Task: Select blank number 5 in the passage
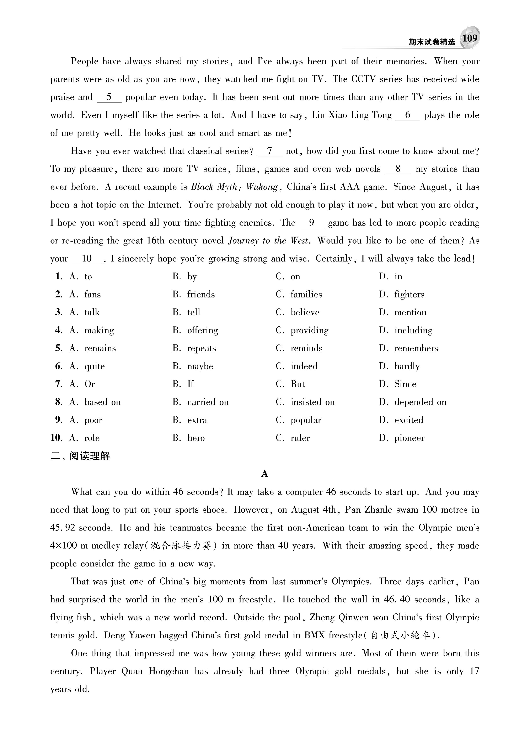click(109, 97)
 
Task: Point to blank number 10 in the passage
click(87, 259)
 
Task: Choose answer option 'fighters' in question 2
click(409, 295)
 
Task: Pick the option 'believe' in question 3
click(305, 312)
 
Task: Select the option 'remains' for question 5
click(100, 348)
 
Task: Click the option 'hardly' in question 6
click(407, 366)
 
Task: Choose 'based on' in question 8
click(103, 402)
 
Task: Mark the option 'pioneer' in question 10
click(409, 438)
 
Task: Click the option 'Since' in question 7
click(405, 384)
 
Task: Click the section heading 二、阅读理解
click(80, 456)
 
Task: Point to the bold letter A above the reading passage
click(264, 474)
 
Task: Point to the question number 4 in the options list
click(58, 330)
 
